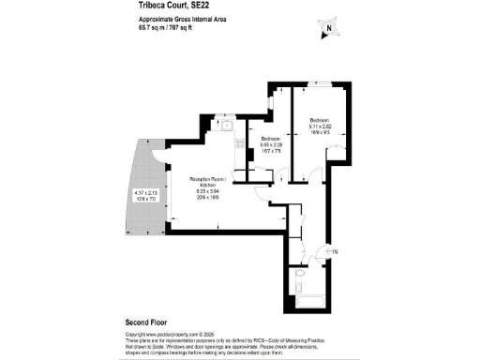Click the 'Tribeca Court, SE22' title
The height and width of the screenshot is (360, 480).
[162, 7]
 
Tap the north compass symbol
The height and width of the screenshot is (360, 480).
[327, 29]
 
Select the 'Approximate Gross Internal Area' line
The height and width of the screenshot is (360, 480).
[175, 19]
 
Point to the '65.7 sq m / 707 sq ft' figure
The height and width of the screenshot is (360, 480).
[166, 27]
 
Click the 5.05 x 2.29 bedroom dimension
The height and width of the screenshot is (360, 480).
[271, 145]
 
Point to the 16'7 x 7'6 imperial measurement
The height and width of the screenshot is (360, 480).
[271, 152]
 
